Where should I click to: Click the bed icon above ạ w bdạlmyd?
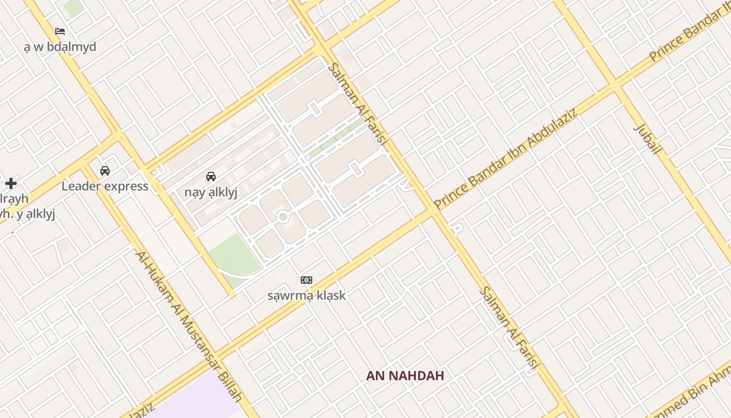click(x=60, y=31)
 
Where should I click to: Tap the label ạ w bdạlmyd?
click(x=60, y=47)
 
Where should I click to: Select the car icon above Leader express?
click(x=105, y=170)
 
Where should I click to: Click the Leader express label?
click(x=105, y=187)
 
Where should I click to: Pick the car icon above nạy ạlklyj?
click(x=211, y=177)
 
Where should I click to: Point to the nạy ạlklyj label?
click(x=211, y=192)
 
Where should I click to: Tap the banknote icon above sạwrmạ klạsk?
click(x=306, y=280)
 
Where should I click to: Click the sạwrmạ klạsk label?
click(x=306, y=296)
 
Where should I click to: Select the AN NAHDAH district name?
click(x=405, y=376)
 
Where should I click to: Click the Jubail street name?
click(x=647, y=139)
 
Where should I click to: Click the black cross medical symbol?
click(x=11, y=183)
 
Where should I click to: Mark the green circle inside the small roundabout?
click(x=283, y=216)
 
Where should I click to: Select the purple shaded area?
click(x=198, y=397)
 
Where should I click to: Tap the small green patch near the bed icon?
click(x=73, y=7)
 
